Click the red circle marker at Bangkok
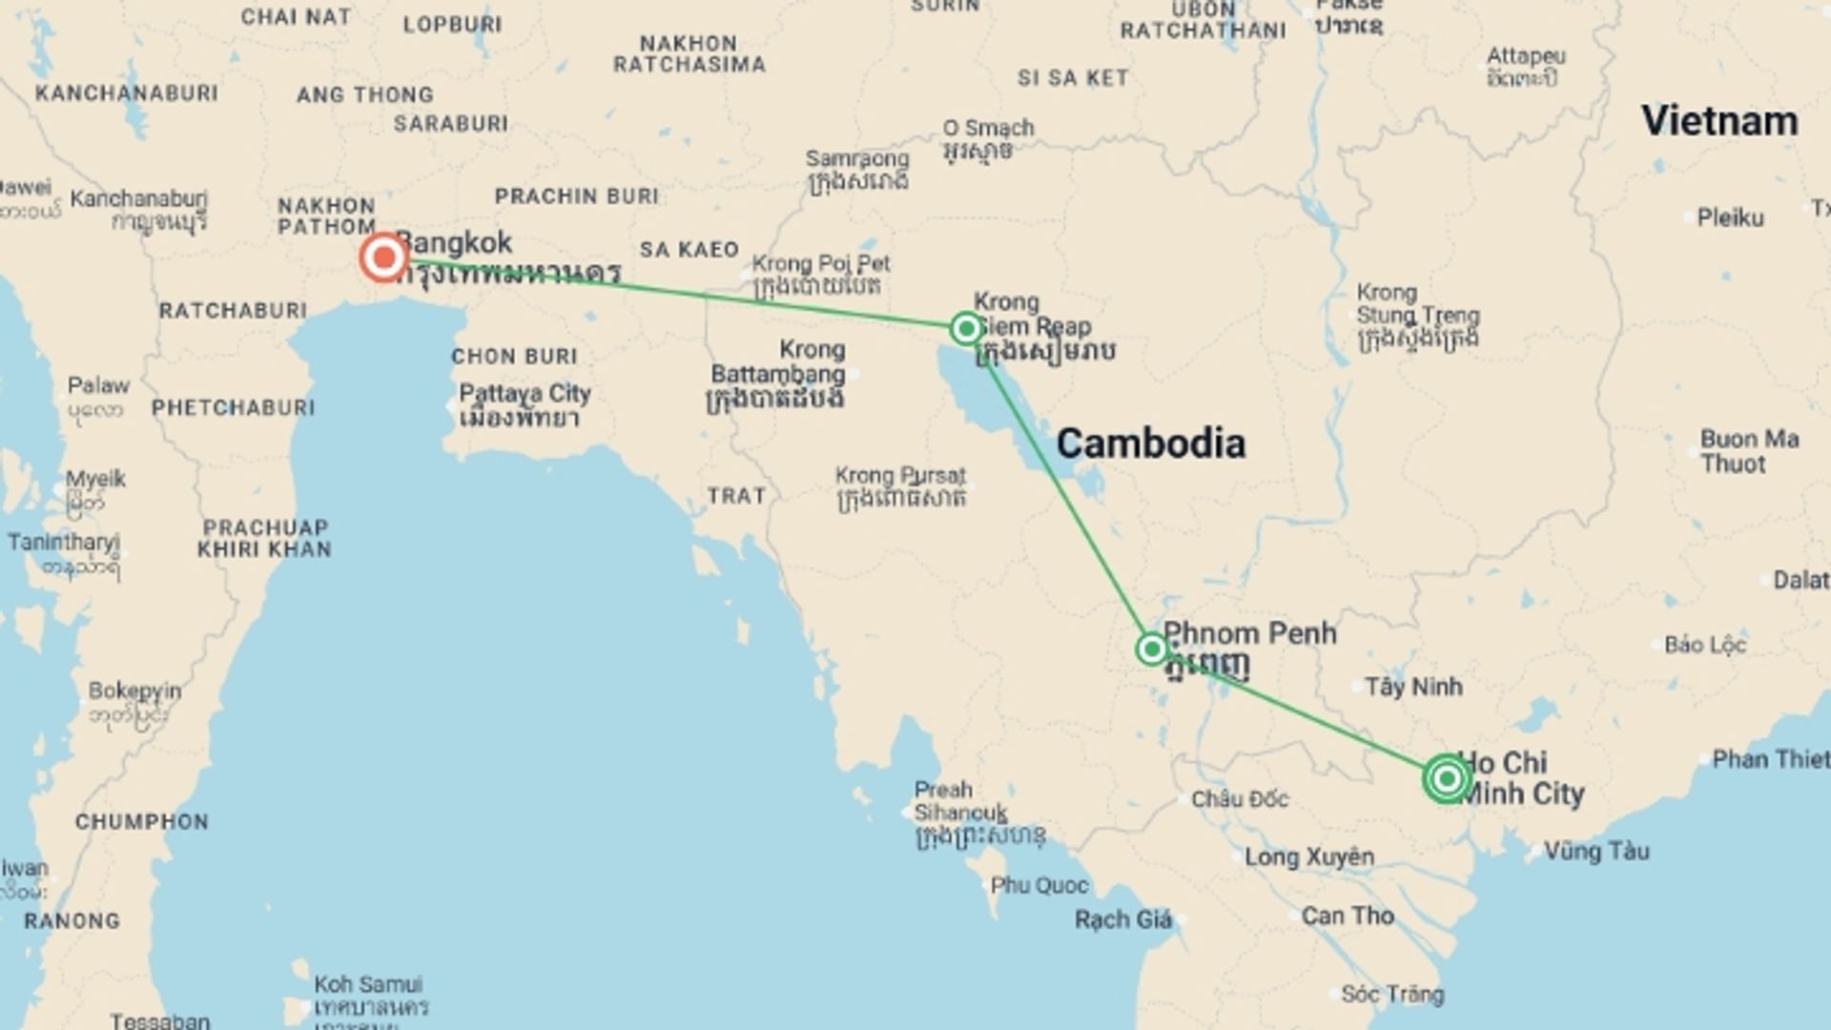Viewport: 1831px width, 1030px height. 384,257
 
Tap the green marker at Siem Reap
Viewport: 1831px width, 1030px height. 966,329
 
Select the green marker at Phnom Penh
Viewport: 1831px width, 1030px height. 1152,649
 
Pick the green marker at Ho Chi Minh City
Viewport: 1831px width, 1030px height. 1447,779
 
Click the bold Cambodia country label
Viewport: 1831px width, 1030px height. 1150,443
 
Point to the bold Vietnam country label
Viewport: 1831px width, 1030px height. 1719,121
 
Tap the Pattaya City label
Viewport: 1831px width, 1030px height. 525,394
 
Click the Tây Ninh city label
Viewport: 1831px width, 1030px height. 1413,687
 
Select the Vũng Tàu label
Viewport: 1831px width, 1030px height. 1596,851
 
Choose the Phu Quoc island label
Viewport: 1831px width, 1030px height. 1039,886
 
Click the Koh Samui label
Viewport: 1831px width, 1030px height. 368,984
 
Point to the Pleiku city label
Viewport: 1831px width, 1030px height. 1730,218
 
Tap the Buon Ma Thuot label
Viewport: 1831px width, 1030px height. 1749,452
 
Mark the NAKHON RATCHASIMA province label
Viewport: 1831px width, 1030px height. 689,54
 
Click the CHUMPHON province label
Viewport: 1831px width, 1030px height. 141,822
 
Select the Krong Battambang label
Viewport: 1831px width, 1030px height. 778,362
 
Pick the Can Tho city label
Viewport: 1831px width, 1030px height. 1348,917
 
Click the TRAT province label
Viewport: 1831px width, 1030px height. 736,496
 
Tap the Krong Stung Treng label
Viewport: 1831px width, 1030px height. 1417,304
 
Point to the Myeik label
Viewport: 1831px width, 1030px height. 95,480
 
